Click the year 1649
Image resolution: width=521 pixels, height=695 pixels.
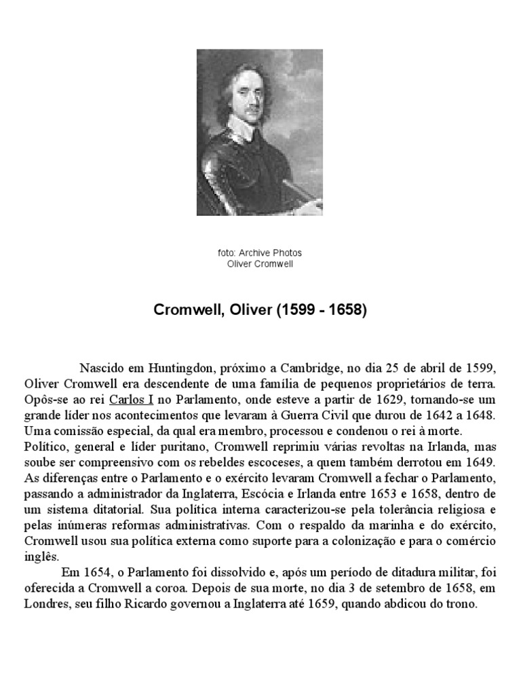coord(481,462)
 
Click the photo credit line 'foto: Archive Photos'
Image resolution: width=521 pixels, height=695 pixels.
coord(260,252)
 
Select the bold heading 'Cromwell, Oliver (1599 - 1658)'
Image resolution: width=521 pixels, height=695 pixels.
coord(260,310)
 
